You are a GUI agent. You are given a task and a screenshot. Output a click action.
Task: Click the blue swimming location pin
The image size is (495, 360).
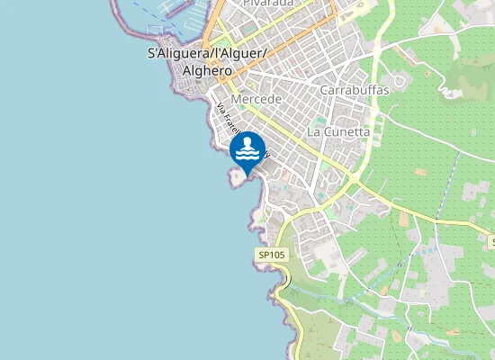coord(247,150)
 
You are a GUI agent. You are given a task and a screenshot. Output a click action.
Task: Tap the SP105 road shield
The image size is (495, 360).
coord(271,256)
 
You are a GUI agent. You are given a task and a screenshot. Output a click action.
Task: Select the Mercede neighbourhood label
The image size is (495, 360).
coord(256,98)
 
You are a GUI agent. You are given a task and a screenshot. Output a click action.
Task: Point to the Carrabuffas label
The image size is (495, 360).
coord(355,90)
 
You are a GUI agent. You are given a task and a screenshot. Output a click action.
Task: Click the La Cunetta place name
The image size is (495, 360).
coord(338,131)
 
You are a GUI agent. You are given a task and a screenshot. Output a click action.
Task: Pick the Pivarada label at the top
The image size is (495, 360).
coord(269,4)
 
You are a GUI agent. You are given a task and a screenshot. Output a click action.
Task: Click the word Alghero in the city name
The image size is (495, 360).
coord(208,69)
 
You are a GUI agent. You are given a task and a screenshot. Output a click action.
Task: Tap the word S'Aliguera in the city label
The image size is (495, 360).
coord(177,54)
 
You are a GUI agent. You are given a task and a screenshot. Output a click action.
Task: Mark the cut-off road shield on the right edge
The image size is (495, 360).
coord(491,242)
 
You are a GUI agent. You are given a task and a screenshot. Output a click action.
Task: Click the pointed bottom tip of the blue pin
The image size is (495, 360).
coord(247,175)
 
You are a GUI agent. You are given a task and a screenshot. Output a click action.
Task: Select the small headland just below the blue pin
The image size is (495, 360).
coord(238,178)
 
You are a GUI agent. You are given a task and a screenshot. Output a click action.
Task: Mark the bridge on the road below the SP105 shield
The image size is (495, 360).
coord(283,286)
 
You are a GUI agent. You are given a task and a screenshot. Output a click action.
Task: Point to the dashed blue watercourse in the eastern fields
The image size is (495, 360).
coord(450,189)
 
